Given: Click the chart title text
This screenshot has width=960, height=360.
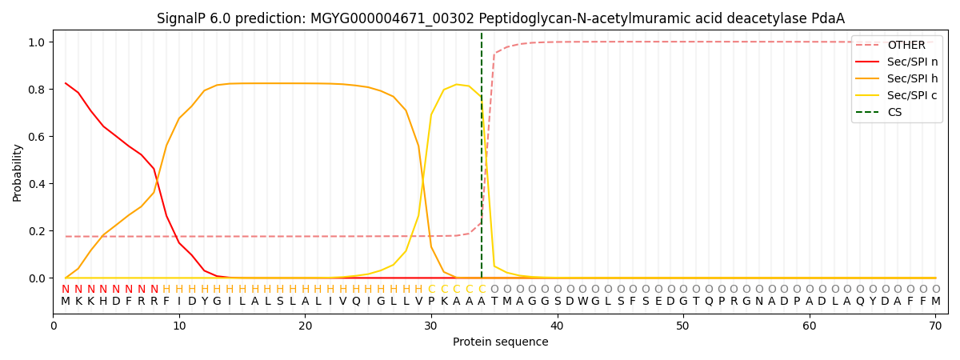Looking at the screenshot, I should [500, 18].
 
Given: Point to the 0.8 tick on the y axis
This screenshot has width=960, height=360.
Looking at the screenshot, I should [37, 89].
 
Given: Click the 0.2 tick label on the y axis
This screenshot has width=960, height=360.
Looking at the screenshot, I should [37, 231].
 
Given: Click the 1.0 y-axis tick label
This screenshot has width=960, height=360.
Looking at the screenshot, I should [37, 42].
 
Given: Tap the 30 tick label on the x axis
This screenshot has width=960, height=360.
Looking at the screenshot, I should [431, 326].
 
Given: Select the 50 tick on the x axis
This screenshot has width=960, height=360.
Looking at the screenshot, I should [682, 326].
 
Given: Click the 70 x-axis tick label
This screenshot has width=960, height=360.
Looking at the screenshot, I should [935, 326].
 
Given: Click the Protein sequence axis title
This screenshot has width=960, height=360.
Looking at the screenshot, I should [500, 342].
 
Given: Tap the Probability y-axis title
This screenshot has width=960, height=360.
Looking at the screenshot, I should [18, 172].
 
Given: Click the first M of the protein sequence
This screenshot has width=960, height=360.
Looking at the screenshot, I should [66, 302].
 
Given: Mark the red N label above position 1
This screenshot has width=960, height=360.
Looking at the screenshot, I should [66, 290].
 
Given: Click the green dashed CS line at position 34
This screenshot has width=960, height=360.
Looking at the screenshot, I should [482, 160].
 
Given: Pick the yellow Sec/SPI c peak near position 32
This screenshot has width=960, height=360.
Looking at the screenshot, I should [456, 85].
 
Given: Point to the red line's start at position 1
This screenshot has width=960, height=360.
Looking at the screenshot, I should [66, 83].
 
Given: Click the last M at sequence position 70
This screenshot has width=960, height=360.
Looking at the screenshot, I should [935, 302].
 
